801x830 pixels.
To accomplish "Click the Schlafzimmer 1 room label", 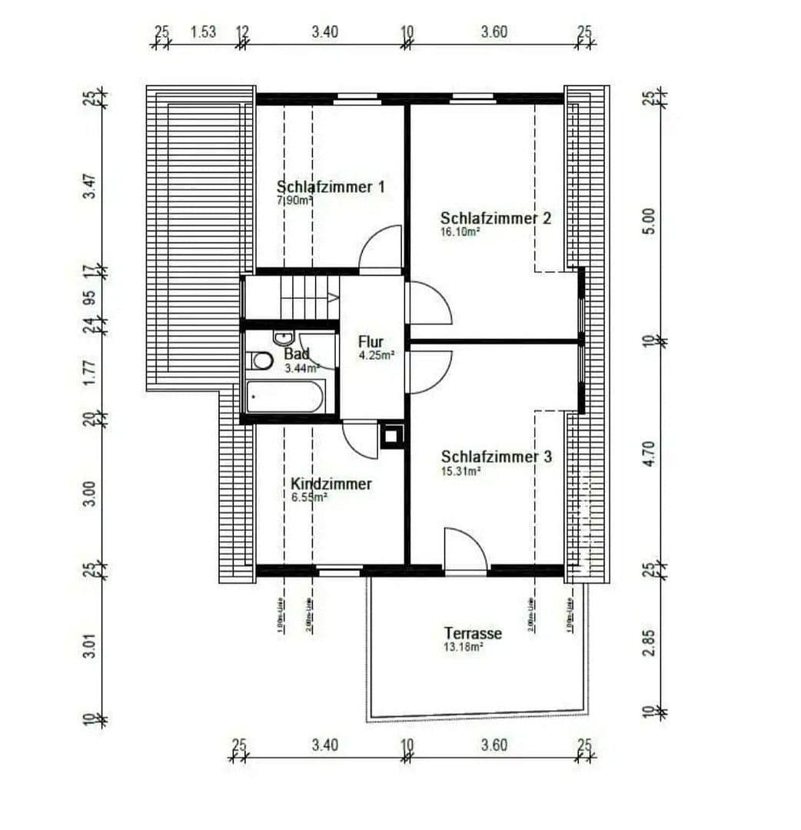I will coord(330,187).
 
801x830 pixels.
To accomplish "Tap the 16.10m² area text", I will coord(460,231).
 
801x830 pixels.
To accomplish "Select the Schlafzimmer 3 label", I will coord(496,457).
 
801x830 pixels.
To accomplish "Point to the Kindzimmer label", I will coord(331,484).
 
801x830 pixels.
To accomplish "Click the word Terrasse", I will coord(473,633).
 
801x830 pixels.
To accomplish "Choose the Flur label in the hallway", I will coord(370,342).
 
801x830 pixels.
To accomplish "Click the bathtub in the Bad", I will coord(284,400).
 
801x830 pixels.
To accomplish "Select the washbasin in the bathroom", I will coord(282,337).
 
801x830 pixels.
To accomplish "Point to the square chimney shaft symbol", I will coord(391,436).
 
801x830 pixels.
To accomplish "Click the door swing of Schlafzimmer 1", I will coord(382,247).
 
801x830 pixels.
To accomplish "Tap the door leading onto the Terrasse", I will coord(466,550).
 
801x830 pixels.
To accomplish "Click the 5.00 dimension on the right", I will coord(650,221).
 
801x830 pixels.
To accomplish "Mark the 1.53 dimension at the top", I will coord(203,32).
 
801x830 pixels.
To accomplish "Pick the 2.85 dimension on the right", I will coord(650,642).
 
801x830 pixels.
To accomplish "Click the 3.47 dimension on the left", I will coord(90,186).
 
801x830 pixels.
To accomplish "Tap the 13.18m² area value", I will coord(463,647).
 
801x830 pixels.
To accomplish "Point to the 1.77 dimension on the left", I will coord(90,372).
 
